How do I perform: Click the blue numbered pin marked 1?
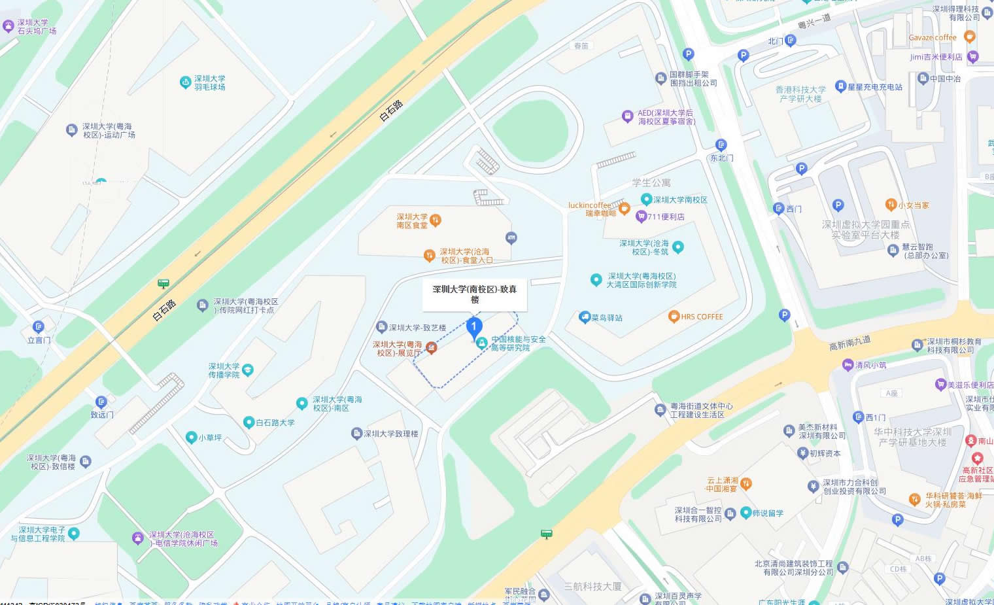coord(474,327)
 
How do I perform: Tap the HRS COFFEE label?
coord(702,317)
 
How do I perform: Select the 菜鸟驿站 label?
coord(607,319)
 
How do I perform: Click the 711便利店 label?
coord(666,217)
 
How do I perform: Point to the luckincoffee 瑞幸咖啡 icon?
coord(625,209)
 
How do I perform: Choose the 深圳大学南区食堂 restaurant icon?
coord(436,220)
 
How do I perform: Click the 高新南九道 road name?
coord(849,343)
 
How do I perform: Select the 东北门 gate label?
coord(721,158)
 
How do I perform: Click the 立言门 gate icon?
coord(39,326)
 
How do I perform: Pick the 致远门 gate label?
coord(102,415)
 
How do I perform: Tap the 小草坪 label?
coord(210,438)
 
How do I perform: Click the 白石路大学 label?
coord(275,423)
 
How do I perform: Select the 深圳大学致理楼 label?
coord(391,434)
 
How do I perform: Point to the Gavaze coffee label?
coord(932,38)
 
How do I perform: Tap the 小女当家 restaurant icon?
coord(890,205)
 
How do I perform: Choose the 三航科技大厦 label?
coord(592,587)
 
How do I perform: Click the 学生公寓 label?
coord(651,183)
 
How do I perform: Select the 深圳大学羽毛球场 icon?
coord(186,82)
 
